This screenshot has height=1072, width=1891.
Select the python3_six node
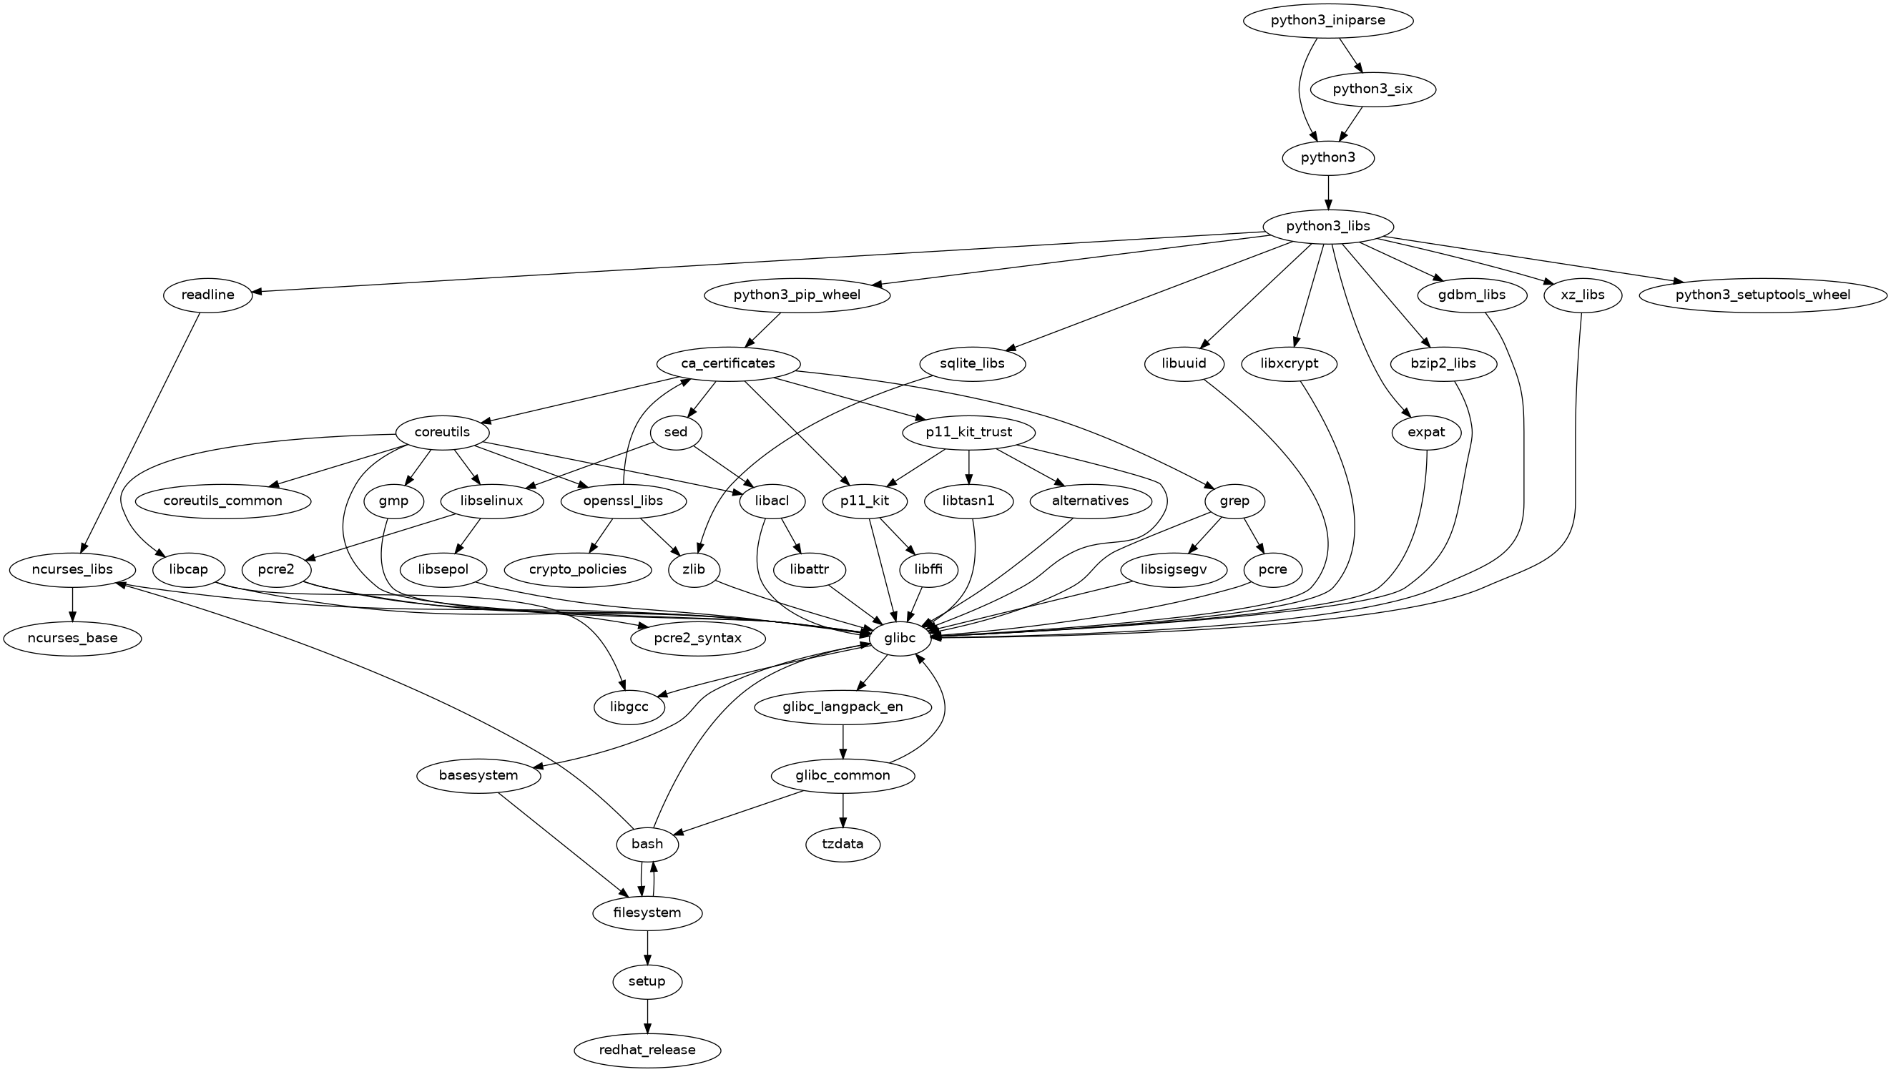[x=1372, y=89]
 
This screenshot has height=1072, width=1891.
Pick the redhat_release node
[x=647, y=1050]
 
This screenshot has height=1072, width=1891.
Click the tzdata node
[x=843, y=844]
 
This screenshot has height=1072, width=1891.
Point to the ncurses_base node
[x=72, y=639]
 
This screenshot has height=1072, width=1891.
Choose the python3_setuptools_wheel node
[x=1763, y=295]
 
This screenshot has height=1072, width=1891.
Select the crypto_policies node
[x=578, y=570]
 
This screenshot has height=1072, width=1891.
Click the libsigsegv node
[x=1174, y=570]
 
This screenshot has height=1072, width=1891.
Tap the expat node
[x=1426, y=433]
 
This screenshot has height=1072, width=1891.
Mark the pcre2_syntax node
[x=698, y=639]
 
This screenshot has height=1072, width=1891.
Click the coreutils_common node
[x=223, y=501]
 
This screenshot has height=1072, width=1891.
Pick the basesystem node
[x=479, y=775]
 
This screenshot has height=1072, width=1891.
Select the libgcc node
[x=629, y=707]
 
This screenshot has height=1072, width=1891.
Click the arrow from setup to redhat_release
[x=648, y=1016]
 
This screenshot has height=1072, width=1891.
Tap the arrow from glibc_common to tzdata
[x=843, y=809]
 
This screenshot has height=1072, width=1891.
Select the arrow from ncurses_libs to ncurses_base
[x=72, y=604]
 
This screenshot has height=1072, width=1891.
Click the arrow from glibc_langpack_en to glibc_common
[x=843, y=741]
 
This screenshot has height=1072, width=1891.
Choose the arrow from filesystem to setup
[x=648, y=947]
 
